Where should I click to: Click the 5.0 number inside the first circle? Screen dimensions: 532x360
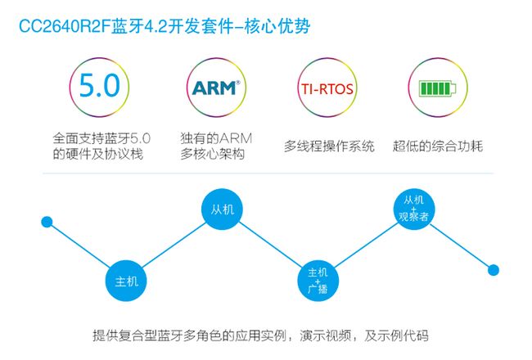tap(100, 85)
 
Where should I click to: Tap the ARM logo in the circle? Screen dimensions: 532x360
tap(216, 88)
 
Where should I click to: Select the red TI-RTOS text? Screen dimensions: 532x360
tap(327, 89)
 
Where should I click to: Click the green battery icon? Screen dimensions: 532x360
tap(438, 88)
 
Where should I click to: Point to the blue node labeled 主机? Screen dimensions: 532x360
tap(126, 281)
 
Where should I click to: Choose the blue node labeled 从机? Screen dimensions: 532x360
tap(223, 209)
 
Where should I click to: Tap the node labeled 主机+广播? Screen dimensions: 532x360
tap(318, 281)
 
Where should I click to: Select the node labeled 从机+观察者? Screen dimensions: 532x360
tap(413, 209)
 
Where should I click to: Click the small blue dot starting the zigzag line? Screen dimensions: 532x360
tap(47, 223)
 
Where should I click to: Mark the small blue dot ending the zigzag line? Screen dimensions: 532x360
tap(494, 270)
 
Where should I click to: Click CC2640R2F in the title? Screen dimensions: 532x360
tap(65, 26)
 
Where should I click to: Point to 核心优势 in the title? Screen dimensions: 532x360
tap(277, 26)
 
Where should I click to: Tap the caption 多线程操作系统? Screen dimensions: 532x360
tap(329, 146)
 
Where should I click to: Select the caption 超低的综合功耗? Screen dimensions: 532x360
tap(438, 146)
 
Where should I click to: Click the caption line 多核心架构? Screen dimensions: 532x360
tap(213, 155)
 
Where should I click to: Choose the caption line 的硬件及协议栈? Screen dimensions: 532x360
tap(98, 155)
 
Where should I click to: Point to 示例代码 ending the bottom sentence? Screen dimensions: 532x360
tap(403, 335)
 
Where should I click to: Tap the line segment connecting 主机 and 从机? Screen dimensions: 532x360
tap(174, 245)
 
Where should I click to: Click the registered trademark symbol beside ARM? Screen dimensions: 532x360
tap(238, 83)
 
